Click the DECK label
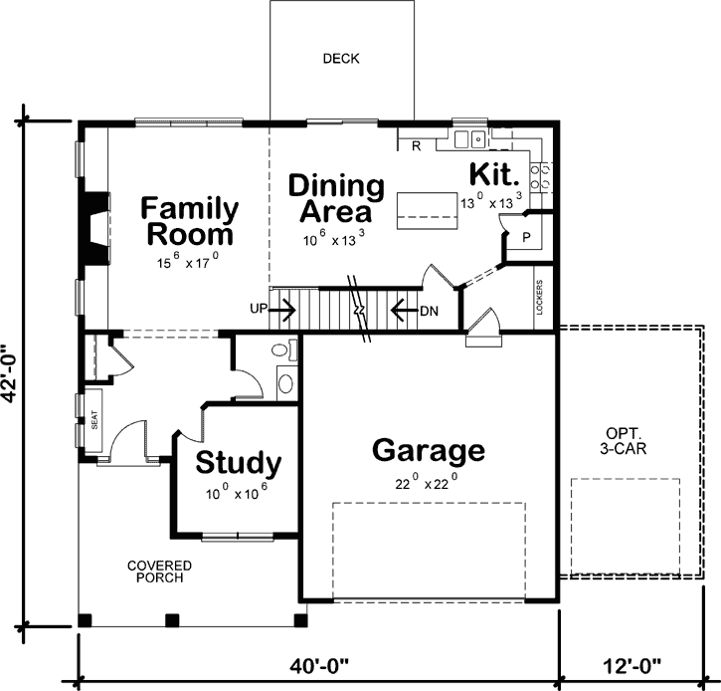(x=341, y=59)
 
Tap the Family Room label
(x=189, y=222)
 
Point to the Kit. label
(x=494, y=176)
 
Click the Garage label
(x=429, y=451)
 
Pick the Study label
(x=238, y=464)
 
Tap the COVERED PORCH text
(x=159, y=573)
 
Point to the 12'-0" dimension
(x=631, y=663)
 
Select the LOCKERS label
(x=540, y=297)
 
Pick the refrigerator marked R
(x=416, y=146)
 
